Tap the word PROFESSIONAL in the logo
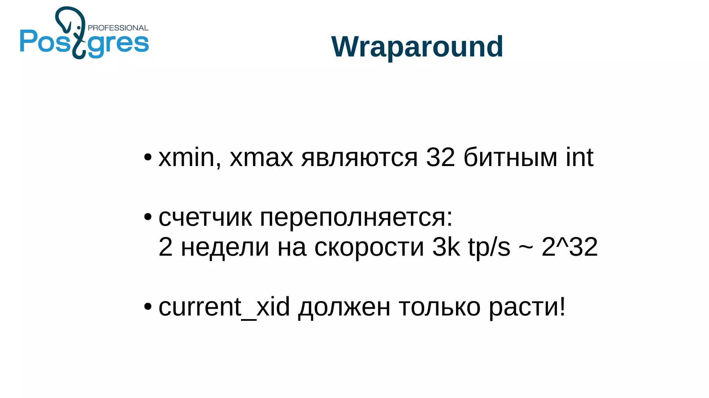click(118, 28)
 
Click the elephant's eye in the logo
click(79, 27)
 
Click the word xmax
click(261, 158)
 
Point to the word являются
click(359, 158)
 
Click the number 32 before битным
click(440, 157)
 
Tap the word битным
click(510, 157)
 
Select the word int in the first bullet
click(580, 157)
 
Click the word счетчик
click(205, 218)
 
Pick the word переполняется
click(356, 218)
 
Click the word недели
click(225, 247)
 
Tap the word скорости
click(369, 247)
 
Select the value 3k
click(446, 247)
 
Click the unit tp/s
click(489, 247)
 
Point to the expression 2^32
click(569, 247)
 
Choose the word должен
click(344, 307)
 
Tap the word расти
click(523, 307)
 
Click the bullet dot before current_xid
click(148, 307)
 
